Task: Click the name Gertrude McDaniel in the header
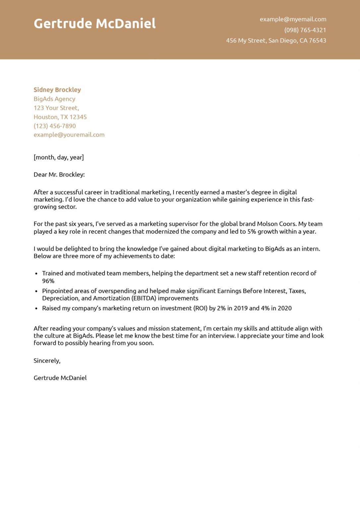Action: coord(94,24)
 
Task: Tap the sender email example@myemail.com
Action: coord(293,19)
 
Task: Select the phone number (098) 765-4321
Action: coord(305,30)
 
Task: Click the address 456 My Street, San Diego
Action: coord(276,40)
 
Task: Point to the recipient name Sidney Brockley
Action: coord(57,90)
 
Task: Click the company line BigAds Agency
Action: coord(54,99)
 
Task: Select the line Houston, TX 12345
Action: coord(60,117)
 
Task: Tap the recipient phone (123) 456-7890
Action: coord(55,126)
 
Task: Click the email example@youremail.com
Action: coord(69,135)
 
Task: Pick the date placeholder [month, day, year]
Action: coord(59,157)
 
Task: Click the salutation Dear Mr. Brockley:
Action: coord(59,175)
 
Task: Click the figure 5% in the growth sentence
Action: coord(252,232)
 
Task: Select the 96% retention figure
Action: coord(48,281)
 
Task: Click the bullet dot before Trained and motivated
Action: coord(36,274)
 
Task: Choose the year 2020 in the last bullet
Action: coord(284,308)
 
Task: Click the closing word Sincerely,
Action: coord(47,361)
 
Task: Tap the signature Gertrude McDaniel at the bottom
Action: coord(60,378)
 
